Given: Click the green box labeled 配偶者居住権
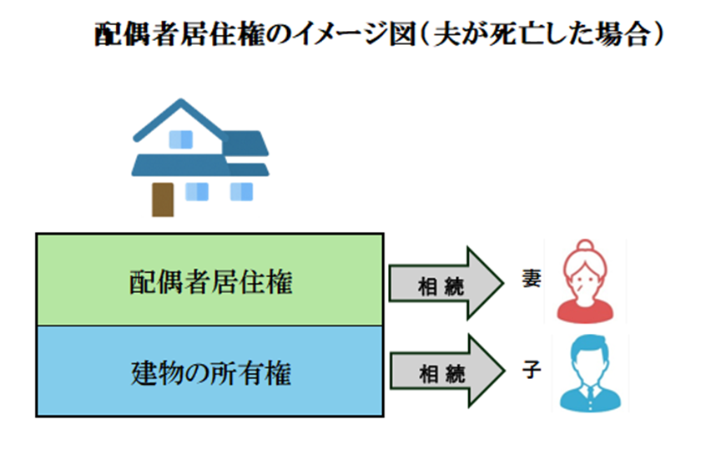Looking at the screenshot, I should (x=209, y=280).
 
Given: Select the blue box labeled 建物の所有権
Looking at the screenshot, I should (x=209, y=371).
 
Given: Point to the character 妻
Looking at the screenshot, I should (x=531, y=279).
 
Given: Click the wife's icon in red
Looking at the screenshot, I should (x=585, y=281).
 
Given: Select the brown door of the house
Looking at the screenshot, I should (x=163, y=199).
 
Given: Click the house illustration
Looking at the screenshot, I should (x=199, y=158).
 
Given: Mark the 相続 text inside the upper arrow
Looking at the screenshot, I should (x=441, y=284).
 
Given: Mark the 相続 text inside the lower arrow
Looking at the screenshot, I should (x=441, y=374).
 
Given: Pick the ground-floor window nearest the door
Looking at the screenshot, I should (x=197, y=191).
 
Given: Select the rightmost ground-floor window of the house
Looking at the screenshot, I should (x=241, y=191).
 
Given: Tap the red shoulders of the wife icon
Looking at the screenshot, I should (x=585, y=311).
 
